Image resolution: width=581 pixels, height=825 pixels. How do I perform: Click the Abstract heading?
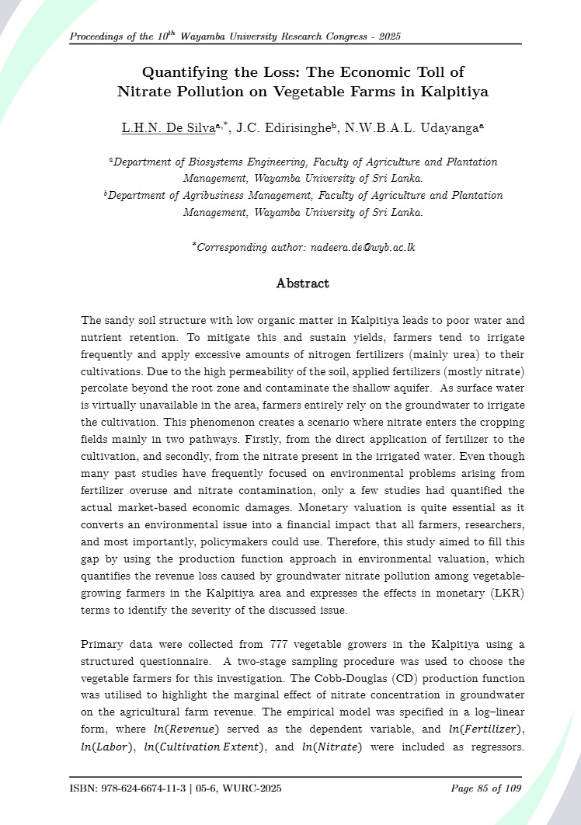pos(303,284)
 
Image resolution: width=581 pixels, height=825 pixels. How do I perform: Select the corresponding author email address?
pos(363,248)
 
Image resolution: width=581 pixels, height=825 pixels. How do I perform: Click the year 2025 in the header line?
pos(386,37)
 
